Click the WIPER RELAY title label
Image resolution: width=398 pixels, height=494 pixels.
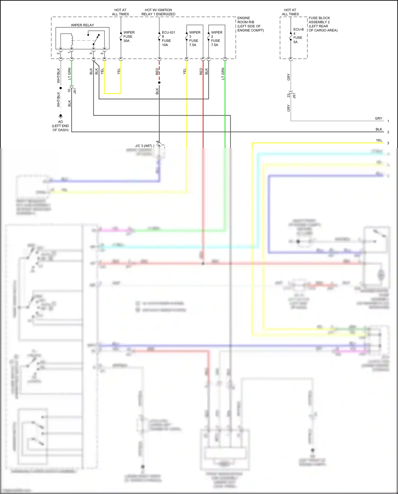tap(82, 25)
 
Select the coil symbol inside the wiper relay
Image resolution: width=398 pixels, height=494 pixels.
tap(72, 40)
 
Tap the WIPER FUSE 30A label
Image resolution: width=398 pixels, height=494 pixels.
tap(129, 37)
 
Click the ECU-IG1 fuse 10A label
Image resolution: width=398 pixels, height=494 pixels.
tap(168, 38)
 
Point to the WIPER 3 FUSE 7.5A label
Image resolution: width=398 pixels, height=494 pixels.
tap(194, 38)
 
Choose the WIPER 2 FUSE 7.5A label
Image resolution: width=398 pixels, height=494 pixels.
tap(217, 38)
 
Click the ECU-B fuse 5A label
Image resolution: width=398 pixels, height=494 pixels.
tap(298, 36)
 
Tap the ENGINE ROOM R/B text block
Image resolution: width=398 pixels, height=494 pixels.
tap(250, 24)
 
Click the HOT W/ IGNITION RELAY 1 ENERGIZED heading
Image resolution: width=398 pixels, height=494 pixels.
tap(158, 12)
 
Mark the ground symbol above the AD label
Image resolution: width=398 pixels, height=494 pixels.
tap(60, 116)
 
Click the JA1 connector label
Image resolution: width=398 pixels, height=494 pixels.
tap(75, 91)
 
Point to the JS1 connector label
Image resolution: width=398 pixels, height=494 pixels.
tap(294, 96)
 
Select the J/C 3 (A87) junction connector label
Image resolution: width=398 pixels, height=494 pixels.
tap(144, 146)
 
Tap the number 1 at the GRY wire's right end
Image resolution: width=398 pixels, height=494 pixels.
tap(388, 121)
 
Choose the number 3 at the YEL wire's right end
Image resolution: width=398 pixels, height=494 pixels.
tap(388, 143)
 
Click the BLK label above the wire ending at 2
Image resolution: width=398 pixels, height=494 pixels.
tap(379, 129)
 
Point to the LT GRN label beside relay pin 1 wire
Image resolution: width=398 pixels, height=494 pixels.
tap(70, 74)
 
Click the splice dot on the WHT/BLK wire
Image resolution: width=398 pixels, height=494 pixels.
tap(60, 88)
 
